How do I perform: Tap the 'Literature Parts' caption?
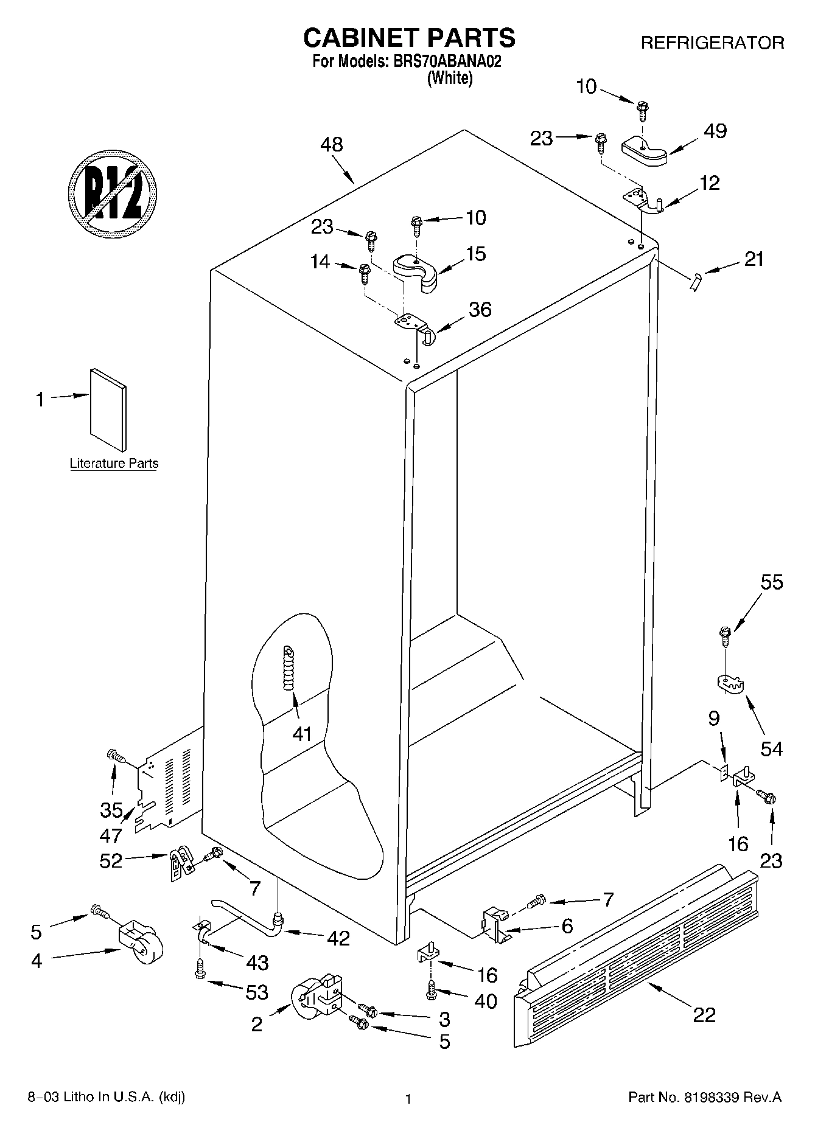[114, 463]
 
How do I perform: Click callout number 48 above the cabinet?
[332, 145]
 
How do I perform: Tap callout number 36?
[480, 310]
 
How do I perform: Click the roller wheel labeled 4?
[141, 942]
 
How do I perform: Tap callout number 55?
[772, 582]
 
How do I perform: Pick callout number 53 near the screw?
[256, 992]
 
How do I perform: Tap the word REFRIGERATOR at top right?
[712, 43]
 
